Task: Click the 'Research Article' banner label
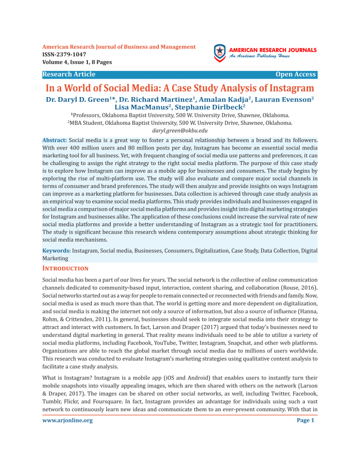(69, 74)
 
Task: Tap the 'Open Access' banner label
(295, 74)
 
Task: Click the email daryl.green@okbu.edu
(180, 131)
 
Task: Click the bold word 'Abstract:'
(55, 140)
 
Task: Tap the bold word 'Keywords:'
(57, 250)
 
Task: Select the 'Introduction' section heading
(66, 268)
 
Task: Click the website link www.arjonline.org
(68, 420)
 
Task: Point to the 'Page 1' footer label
(306, 420)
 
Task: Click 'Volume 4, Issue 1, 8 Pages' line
(77, 62)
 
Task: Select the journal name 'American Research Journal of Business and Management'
(119, 47)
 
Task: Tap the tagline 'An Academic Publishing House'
(259, 56)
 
